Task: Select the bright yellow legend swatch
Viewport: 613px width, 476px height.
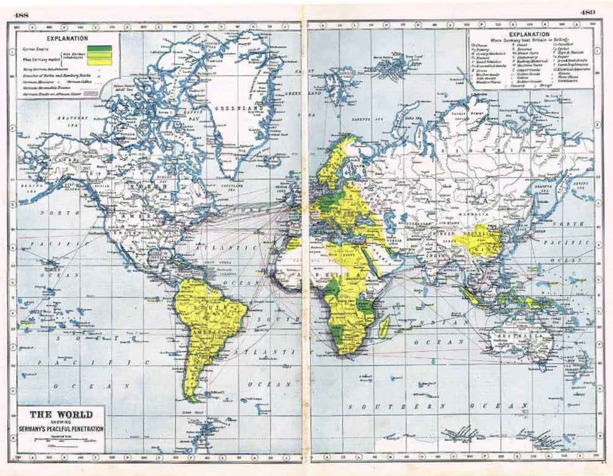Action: pos(99,61)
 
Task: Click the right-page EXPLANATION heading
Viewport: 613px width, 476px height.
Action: pos(528,35)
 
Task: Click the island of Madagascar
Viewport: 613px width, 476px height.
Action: pos(385,326)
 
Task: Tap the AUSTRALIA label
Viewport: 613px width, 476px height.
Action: pos(517,334)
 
